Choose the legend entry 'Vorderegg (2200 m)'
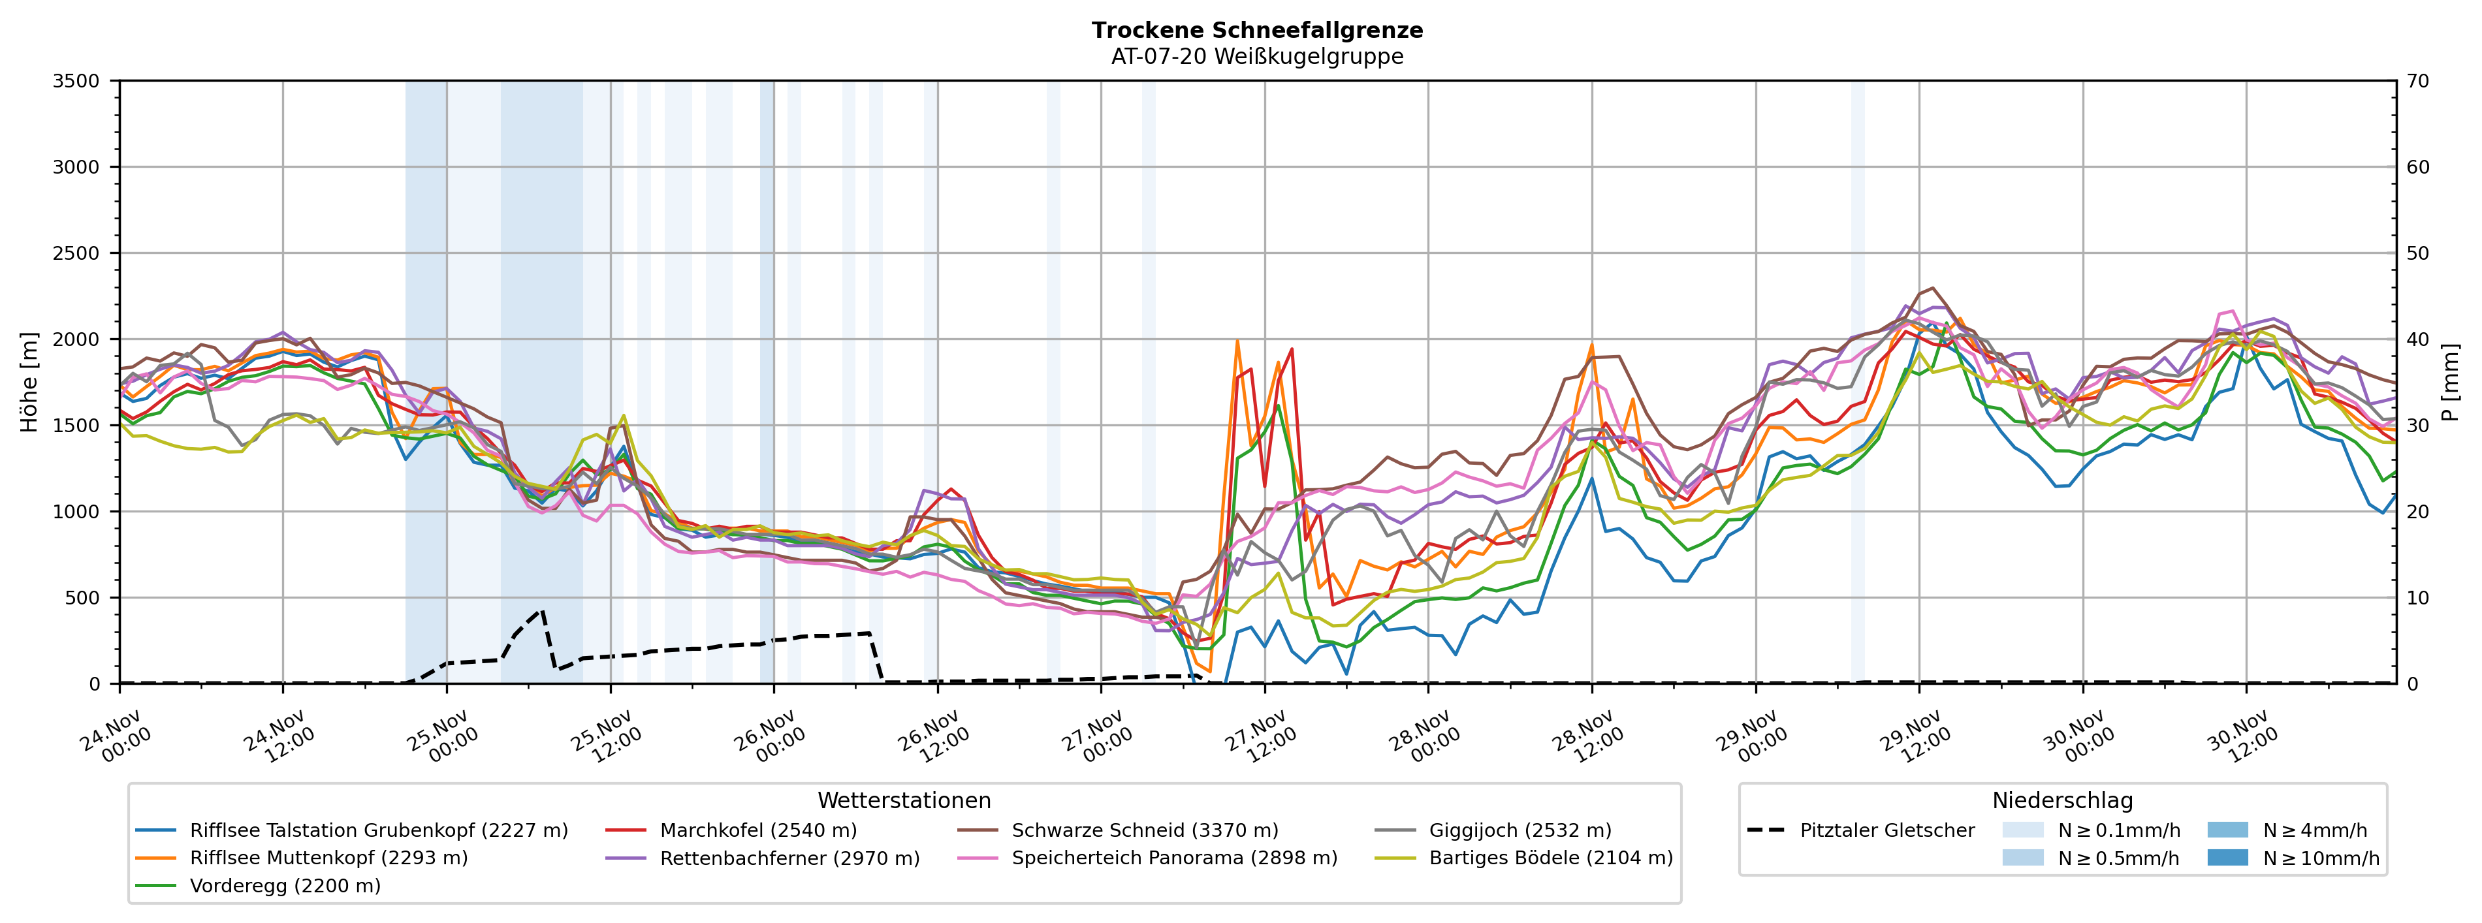(284, 885)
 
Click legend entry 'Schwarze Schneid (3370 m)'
(1145, 830)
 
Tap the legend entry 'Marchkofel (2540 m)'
(757, 830)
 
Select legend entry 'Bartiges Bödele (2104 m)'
(1550, 858)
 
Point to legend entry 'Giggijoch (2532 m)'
(1519, 830)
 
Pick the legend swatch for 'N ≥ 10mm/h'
(2227, 858)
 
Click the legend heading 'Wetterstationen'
(904, 801)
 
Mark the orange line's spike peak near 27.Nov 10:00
(1237, 340)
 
